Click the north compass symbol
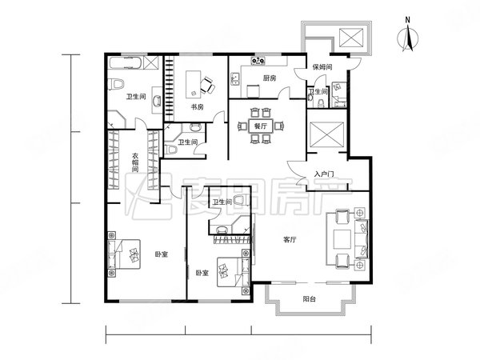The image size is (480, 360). click(x=408, y=36)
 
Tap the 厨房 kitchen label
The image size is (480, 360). click(x=270, y=78)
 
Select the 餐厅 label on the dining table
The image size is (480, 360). click(x=261, y=126)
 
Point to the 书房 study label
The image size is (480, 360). click(x=197, y=107)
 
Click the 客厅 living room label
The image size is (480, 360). click(x=290, y=239)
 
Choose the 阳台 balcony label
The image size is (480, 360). click(x=309, y=298)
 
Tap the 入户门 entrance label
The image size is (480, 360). click(x=324, y=174)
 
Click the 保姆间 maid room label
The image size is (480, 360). click(x=322, y=66)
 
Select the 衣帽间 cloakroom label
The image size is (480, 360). click(x=135, y=162)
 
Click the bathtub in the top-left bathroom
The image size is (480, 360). click(x=126, y=62)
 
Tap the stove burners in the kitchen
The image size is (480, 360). click(x=258, y=61)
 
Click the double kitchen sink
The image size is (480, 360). click(x=234, y=78)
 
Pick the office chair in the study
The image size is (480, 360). click(x=207, y=86)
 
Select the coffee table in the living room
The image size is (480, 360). click(x=342, y=239)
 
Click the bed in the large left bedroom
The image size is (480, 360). click(x=124, y=254)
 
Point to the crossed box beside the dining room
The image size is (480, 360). click(x=327, y=134)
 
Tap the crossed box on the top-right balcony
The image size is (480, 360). click(x=351, y=38)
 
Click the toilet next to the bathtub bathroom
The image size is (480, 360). click(x=116, y=84)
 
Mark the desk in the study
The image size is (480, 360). click(x=194, y=84)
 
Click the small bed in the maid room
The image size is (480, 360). click(x=339, y=94)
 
